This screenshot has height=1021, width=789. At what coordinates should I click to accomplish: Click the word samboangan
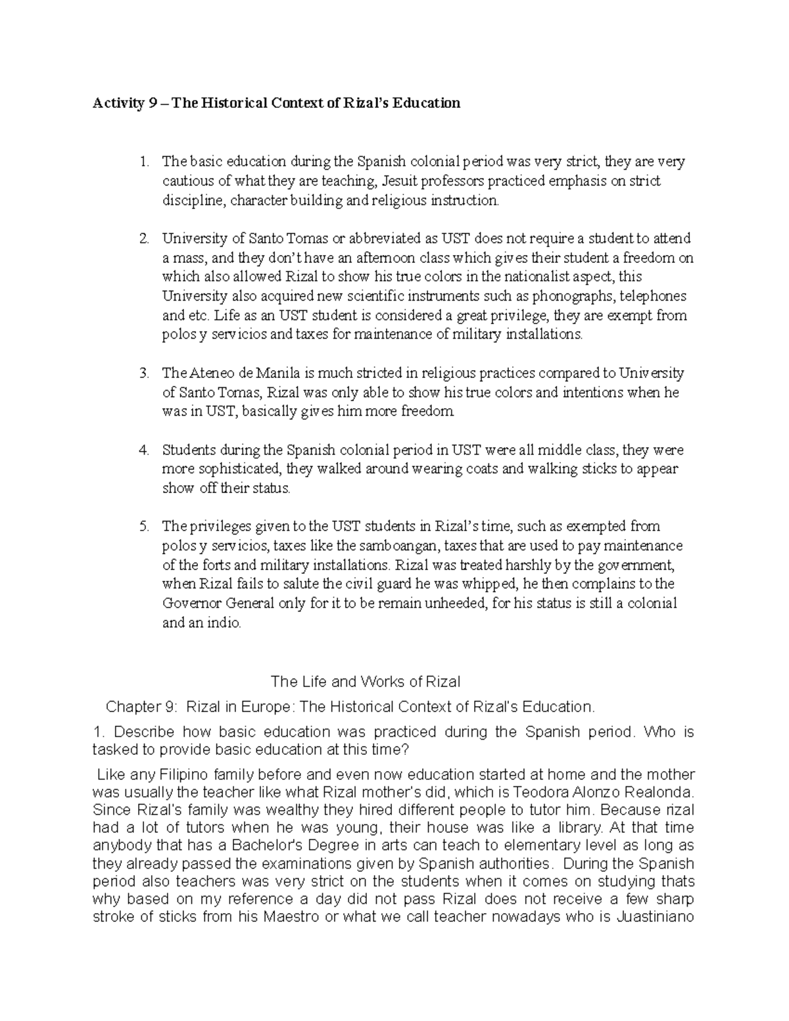click(x=377, y=546)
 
